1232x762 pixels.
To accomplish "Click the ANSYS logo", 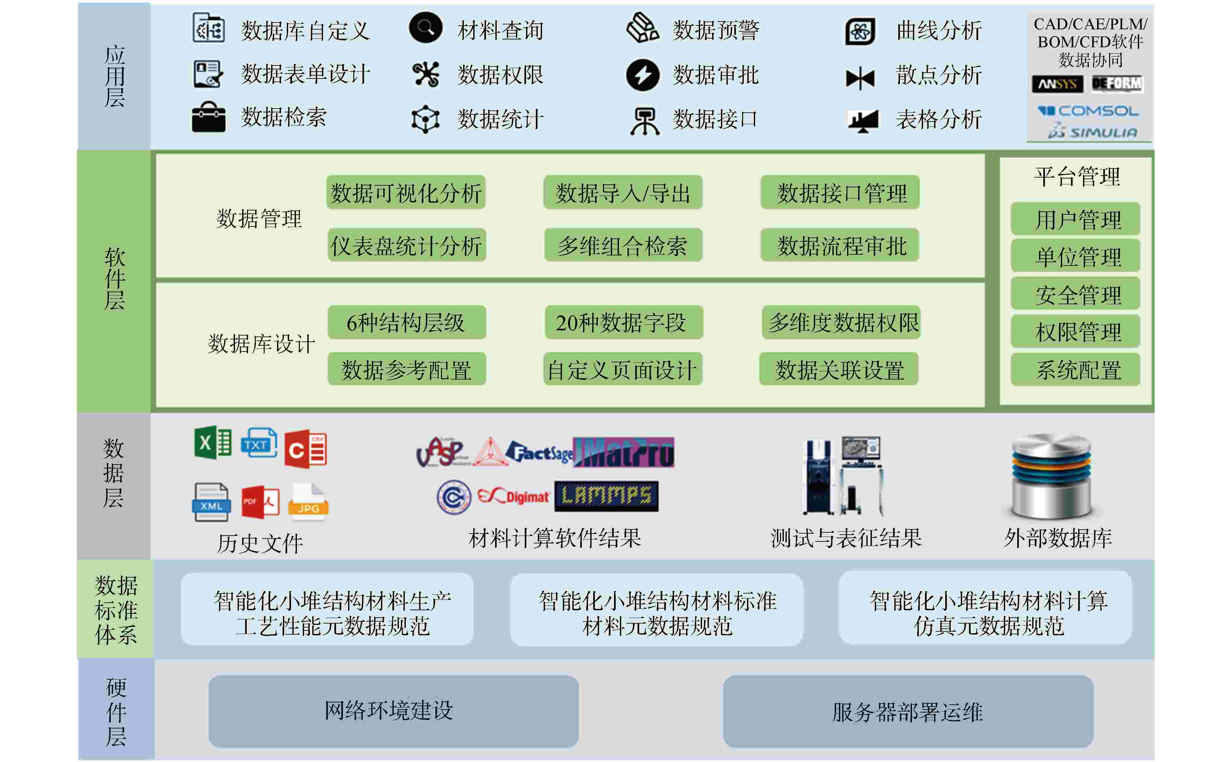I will [1057, 84].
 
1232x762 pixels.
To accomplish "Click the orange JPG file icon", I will [308, 501].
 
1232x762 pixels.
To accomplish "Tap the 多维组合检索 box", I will [623, 245].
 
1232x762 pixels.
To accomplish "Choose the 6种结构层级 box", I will [406, 323].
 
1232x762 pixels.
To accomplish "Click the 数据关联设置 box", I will [839, 370].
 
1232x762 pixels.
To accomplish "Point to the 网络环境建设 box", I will [393, 711].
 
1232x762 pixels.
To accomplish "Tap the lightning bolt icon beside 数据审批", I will [643, 75].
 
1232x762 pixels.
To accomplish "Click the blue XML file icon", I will [211, 502].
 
